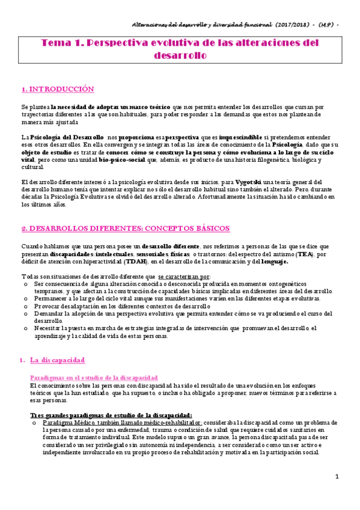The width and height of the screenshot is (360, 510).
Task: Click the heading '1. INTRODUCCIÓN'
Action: (58, 89)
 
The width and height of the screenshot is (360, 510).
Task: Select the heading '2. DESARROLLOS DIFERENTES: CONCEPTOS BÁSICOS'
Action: (125, 229)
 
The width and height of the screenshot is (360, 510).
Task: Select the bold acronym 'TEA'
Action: (305, 254)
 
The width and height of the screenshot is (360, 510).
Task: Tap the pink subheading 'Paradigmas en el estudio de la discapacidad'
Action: (94, 376)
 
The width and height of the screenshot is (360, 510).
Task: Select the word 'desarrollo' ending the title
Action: (180, 55)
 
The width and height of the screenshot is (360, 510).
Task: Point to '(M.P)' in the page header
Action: (328, 25)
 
